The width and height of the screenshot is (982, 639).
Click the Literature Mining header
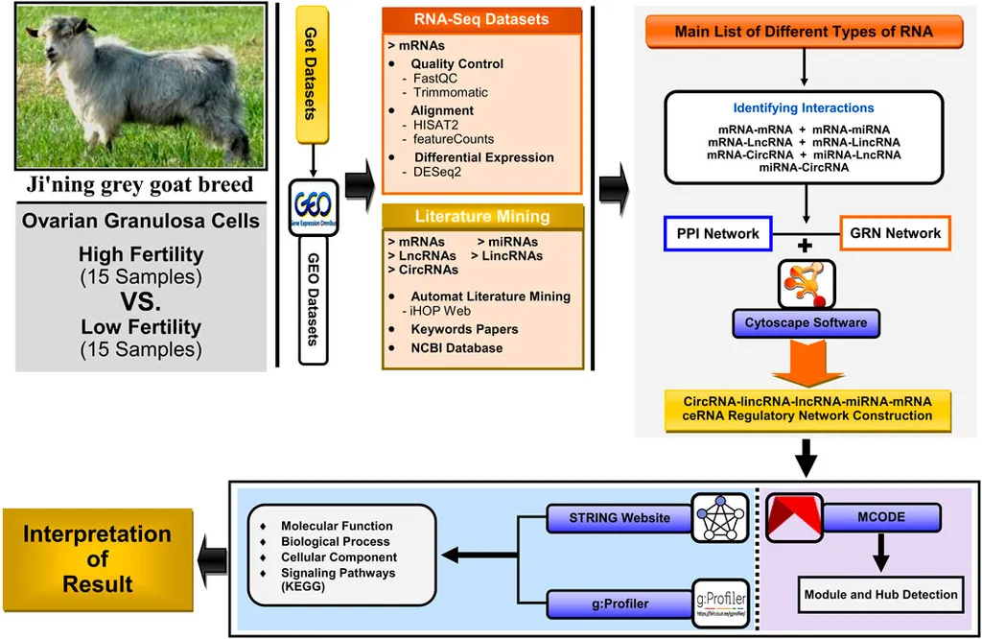481,216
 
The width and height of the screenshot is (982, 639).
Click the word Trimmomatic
451,93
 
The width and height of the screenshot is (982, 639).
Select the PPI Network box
717,233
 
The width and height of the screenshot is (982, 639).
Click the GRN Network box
894,233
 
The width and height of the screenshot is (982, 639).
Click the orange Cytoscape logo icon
806,282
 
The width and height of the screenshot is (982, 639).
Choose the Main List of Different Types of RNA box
804,32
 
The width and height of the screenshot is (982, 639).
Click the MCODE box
881,517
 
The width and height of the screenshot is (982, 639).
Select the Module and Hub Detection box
880,594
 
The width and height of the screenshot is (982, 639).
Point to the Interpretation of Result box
97,559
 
